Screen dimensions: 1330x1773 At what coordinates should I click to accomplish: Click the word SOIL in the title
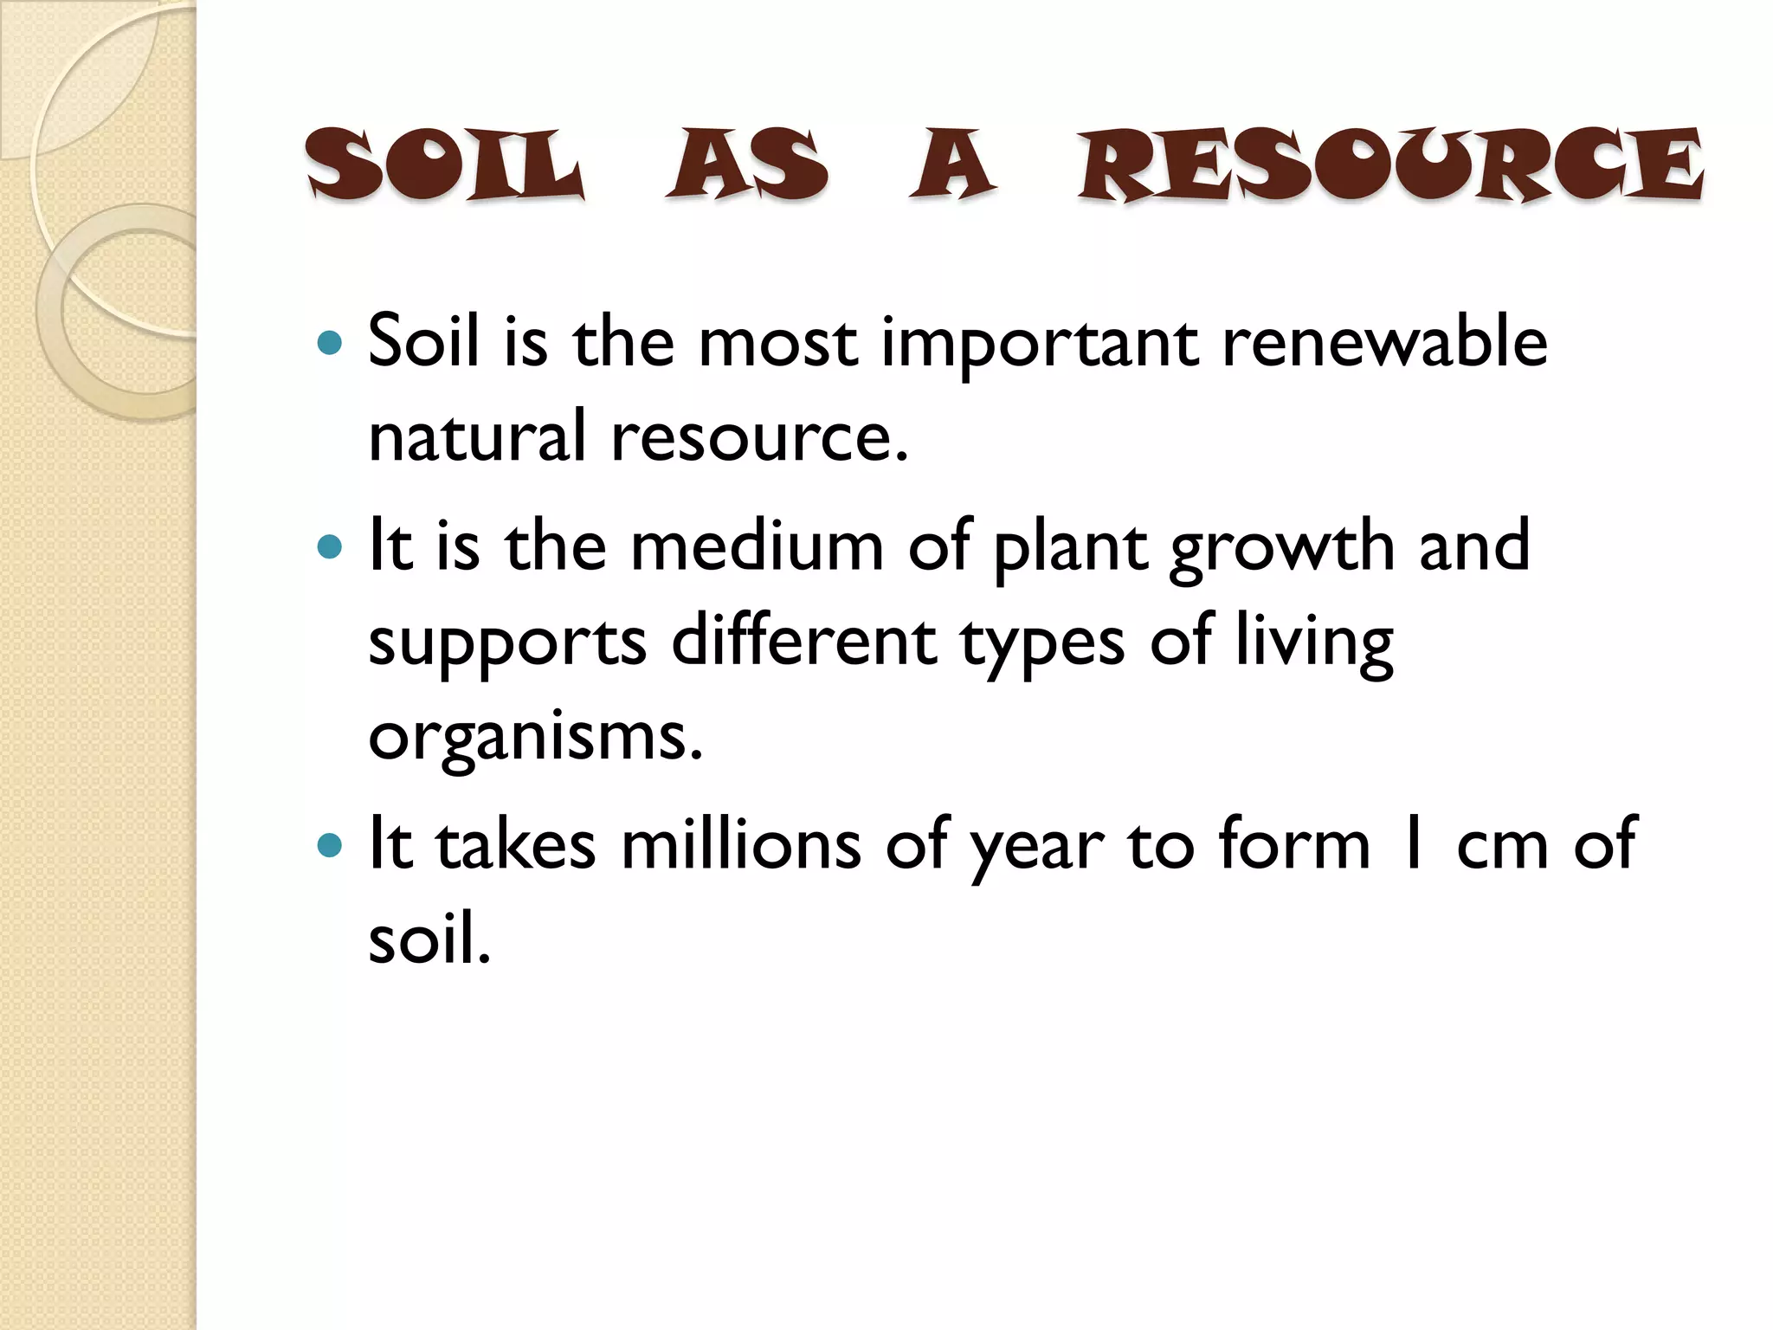pyautogui.click(x=444, y=165)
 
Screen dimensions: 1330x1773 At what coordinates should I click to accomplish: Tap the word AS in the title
pyautogui.click(x=747, y=165)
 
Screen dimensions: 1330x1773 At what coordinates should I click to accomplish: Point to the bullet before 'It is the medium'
pyautogui.click(x=330, y=547)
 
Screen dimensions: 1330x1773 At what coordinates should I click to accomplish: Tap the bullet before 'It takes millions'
pyautogui.click(x=330, y=845)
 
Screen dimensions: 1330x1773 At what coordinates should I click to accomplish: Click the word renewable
pyautogui.click(x=1384, y=342)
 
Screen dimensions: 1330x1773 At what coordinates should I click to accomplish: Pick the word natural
pyautogui.click(x=478, y=436)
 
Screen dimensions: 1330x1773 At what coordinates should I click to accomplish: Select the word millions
pyautogui.click(x=741, y=844)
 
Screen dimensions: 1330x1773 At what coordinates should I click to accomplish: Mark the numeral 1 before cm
pyautogui.click(x=1412, y=844)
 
